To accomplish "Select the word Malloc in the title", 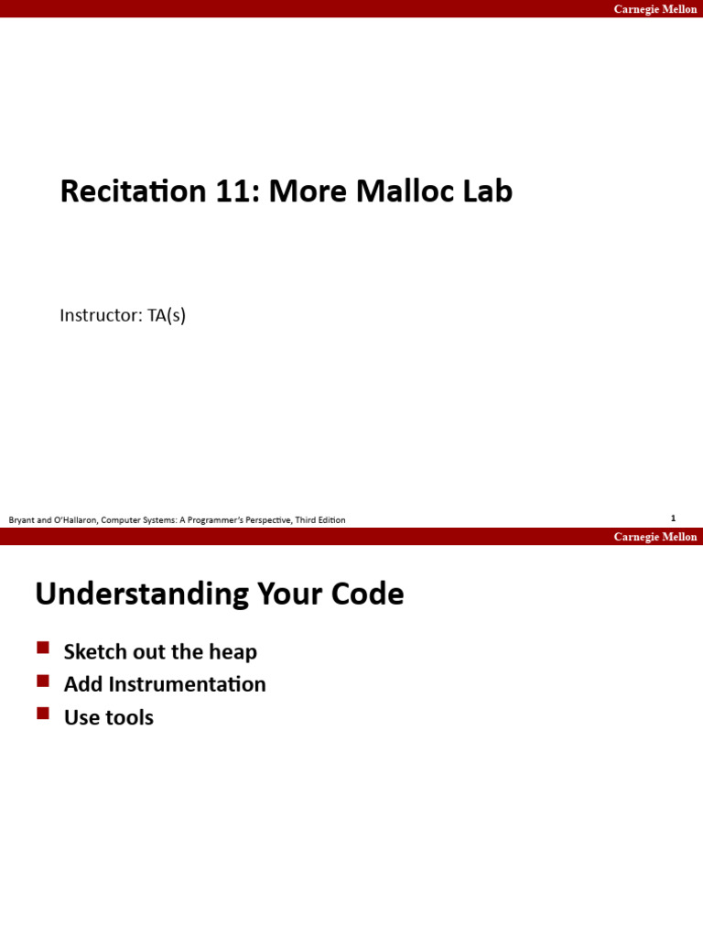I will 406,191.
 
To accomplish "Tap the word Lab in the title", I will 490,191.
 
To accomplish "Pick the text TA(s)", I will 167,316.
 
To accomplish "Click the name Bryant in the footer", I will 22,520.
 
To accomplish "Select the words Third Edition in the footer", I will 320,520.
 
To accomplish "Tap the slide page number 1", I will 673,518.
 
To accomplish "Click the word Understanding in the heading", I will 142,594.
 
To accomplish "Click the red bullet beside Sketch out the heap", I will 43,649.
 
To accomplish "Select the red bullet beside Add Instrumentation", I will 43,681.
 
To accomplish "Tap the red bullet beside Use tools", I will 43,713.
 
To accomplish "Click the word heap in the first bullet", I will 235,652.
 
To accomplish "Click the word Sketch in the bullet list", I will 94,652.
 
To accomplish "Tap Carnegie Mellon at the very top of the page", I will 654,9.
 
